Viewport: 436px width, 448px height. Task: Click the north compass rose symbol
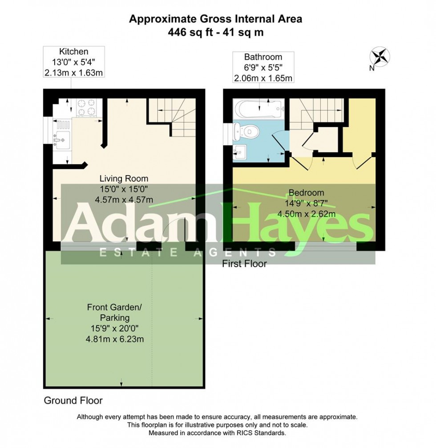pos(380,56)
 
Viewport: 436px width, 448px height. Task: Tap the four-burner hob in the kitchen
pos(86,107)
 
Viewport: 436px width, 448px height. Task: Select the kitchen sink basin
pos(63,140)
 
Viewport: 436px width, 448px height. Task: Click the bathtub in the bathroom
pos(258,109)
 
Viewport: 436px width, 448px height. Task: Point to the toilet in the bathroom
pos(246,132)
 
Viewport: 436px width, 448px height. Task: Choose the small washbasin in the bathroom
pos(240,152)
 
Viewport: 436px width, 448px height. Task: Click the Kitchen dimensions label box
pos(74,62)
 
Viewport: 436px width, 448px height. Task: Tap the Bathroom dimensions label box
pos(263,67)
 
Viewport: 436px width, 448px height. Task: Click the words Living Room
pos(124,179)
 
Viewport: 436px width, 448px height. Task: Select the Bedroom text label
pos(307,192)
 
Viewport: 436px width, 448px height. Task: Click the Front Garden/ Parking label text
pos(114,312)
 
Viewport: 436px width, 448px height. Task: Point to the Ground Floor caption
pos(73,400)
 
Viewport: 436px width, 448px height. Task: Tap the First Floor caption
pos(244,264)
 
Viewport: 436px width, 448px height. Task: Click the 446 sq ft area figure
pos(190,32)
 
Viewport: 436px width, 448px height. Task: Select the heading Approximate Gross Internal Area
pos(216,19)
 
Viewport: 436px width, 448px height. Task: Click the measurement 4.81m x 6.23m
pos(115,339)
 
